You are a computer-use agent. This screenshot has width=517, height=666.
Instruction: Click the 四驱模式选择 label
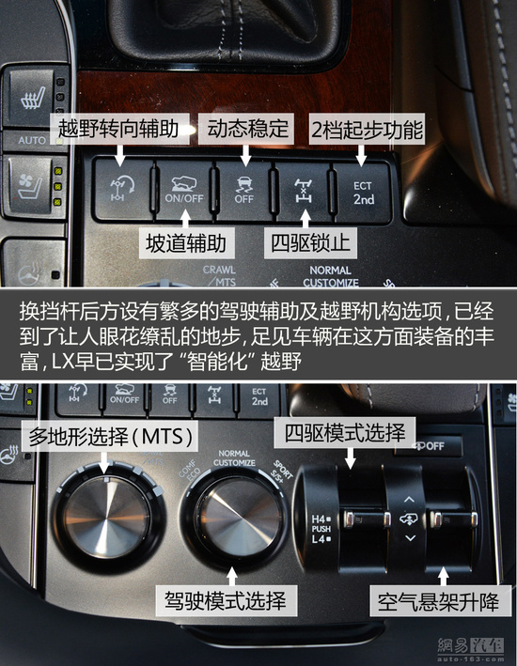[x=339, y=434]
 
